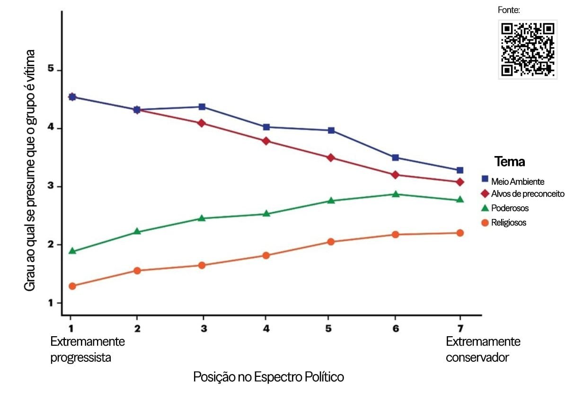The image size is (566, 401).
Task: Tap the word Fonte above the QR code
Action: tap(509, 10)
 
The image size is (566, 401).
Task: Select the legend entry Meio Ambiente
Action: tap(518, 181)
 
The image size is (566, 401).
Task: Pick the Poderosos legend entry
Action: tap(510, 208)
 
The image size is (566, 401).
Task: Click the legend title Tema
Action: tap(510, 162)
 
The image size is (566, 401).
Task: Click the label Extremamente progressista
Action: tap(88, 349)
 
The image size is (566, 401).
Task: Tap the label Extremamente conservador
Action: tap(483, 349)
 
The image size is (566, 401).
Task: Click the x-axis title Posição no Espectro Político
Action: tap(268, 377)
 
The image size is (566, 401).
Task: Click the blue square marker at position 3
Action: tap(202, 107)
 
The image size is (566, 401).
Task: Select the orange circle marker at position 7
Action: tap(460, 233)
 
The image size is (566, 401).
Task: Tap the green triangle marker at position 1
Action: tap(72, 251)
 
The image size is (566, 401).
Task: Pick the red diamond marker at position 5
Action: tap(331, 157)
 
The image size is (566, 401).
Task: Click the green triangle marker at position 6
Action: tap(396, 194)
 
